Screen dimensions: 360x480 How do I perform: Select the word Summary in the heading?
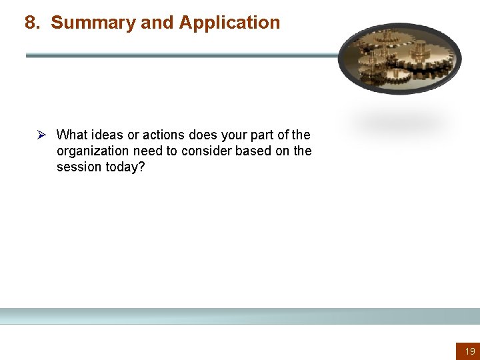click(x=93, y=23)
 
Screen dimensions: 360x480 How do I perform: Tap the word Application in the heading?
click(x=229, y=23)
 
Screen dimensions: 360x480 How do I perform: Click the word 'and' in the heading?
click(x=157, y=23)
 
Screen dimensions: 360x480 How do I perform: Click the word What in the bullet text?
click(x=71, y=135)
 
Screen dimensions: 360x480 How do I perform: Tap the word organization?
click(x=91, y=151)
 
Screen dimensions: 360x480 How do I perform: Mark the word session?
click(x=79, y=167)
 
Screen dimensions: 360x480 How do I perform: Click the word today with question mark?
click(x=125, y=167)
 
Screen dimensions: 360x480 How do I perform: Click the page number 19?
click(x=470, y=351)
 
